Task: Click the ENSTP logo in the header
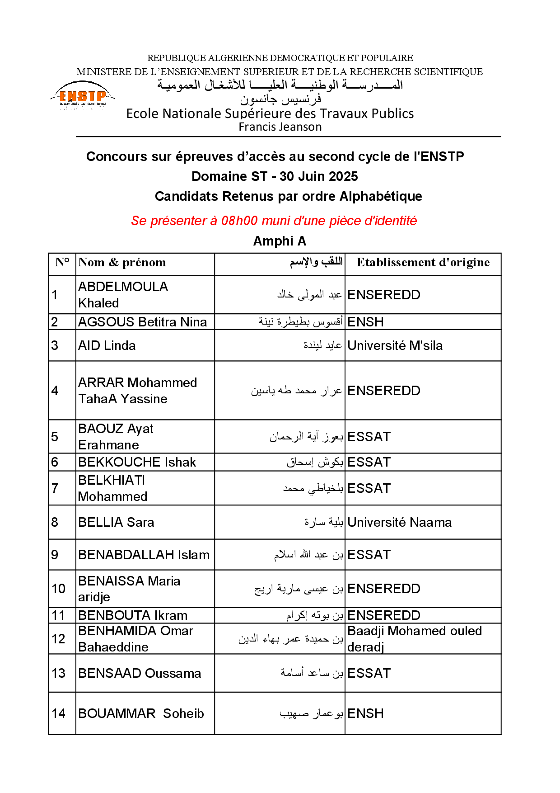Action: pos(83,96)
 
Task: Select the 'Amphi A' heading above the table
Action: pos(280,241)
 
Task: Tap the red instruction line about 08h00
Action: pos(274,221)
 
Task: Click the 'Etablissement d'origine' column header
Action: pos(423,263)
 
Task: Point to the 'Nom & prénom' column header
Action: pos(122,263)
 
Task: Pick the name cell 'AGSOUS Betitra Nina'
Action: pos(142,322)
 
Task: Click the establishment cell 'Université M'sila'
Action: pos(395,345)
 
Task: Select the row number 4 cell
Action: pos(55,391)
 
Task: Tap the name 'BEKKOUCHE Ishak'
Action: pos(137,462)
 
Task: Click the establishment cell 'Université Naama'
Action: pos(399,522)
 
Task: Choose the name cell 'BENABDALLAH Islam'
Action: pos(144,555)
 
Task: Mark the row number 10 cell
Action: pos(59,589)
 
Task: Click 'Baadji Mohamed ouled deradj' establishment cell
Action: pos(414,639)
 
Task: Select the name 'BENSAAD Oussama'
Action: pos(140,673)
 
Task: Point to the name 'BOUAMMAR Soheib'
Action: pos(141,713)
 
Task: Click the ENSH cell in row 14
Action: pos(365,713)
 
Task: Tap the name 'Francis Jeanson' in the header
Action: pos(280,127)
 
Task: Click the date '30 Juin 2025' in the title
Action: pos(318,176)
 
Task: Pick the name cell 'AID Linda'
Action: pos(107,345)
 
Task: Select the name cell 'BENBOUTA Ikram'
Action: pos(133,615)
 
